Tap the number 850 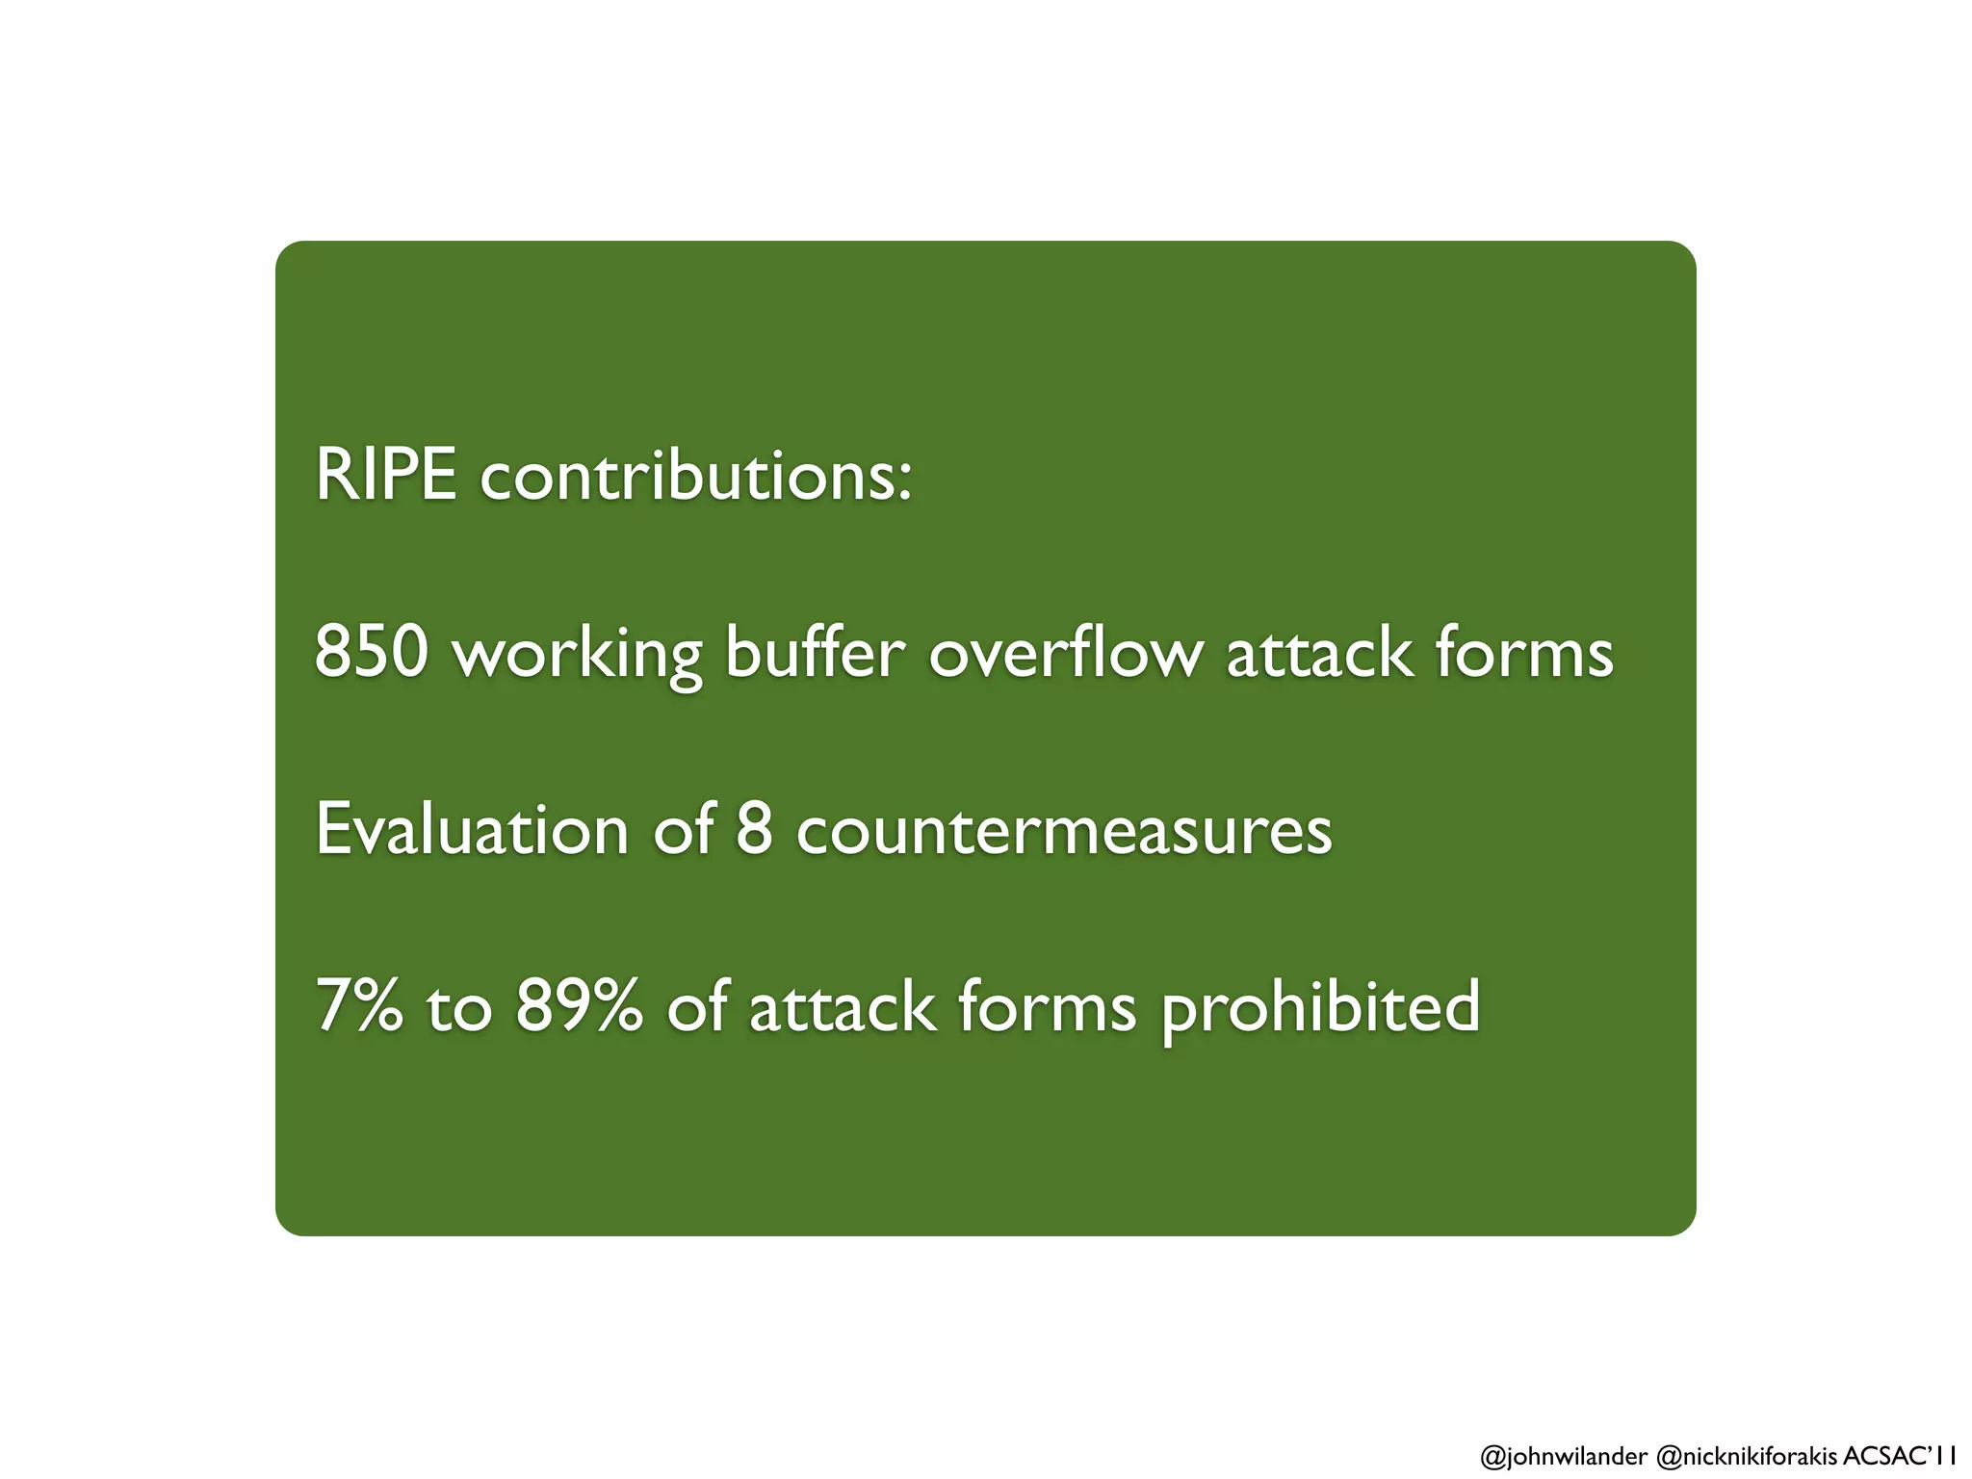coord(371,652)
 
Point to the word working coord(578,655)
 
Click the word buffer coord(815,652)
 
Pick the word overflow coord(1065,652)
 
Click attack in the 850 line coord(1318,652)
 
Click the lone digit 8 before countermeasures coord(754,829)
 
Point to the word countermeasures coord(1064,831)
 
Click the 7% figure coord(358,1006)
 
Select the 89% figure coord(579,1006)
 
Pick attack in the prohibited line coord(842,1006)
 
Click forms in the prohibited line coord(1047,1006)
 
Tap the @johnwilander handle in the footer coord(1563,1456)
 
